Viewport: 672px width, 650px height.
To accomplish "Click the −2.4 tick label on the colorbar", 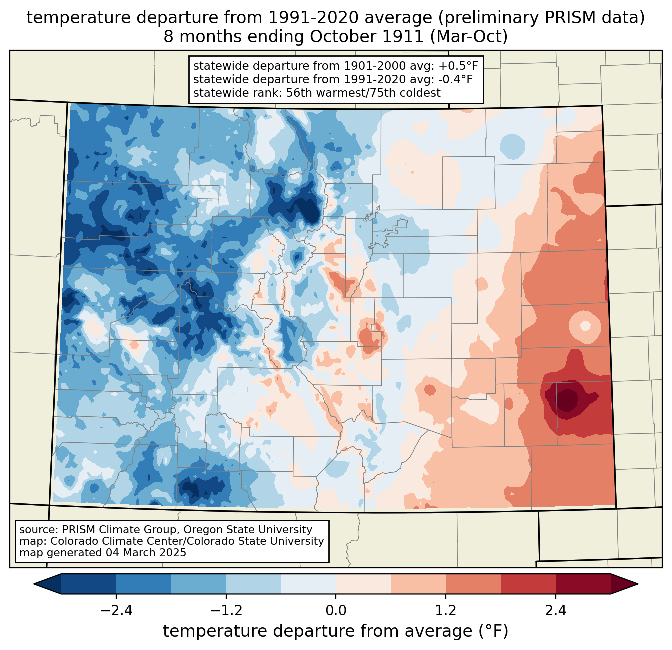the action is point(116,610).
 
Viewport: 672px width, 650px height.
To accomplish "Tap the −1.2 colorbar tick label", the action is point(226,610).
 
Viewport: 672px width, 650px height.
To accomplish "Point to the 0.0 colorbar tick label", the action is point(336,610).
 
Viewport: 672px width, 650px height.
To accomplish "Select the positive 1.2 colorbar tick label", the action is point(446,610).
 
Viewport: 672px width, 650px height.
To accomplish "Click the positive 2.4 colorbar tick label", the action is point(556,610).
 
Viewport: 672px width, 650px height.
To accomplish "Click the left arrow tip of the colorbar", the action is point(34,584).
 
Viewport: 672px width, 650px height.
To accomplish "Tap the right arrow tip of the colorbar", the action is point(638,584).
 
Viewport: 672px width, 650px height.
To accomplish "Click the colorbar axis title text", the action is point(335,631).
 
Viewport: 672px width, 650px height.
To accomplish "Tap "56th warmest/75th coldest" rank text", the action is point(363,93).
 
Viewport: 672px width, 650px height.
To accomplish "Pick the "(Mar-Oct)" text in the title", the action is point(469,37).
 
